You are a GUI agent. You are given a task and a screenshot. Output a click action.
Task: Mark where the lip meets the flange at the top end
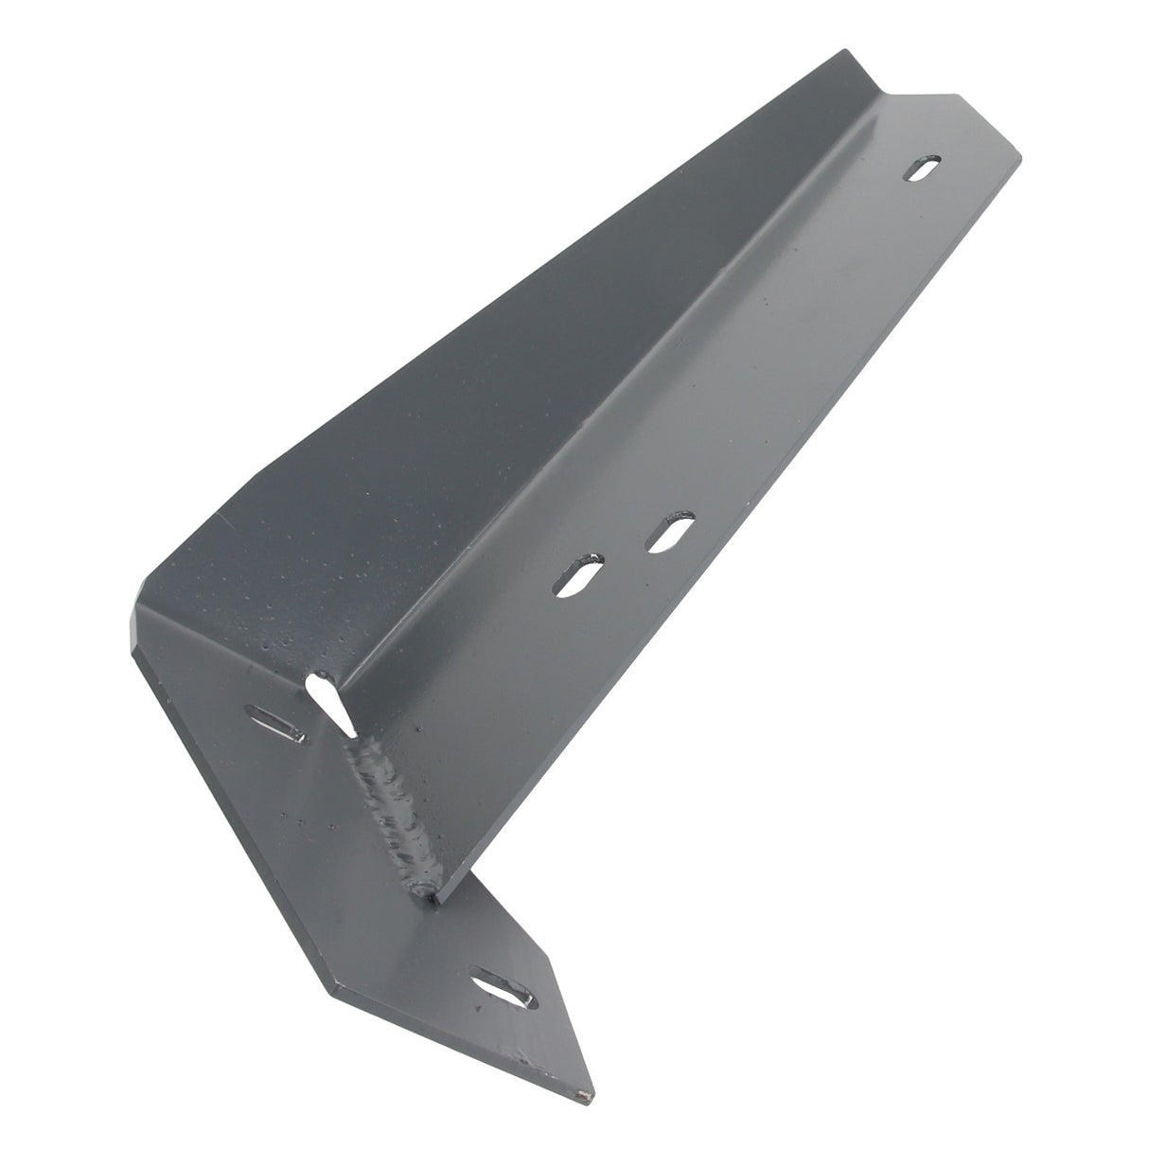coord(885,96)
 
